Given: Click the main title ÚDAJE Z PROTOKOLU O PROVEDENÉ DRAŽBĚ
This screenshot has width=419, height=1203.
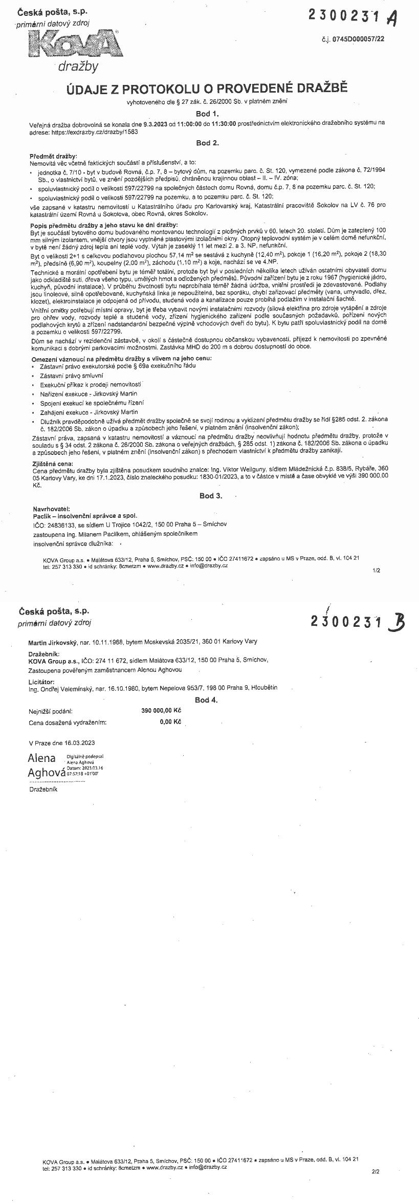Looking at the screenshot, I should (207, 89).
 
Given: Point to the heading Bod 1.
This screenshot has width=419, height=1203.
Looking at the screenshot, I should (207, 113).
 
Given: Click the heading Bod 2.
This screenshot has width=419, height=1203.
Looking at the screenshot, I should (207, 143).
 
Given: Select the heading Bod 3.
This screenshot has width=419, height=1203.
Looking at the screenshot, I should (210, 496).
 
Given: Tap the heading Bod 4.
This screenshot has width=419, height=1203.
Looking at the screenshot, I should (206, 699).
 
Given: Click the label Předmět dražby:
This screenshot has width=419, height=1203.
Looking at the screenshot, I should (53, 156).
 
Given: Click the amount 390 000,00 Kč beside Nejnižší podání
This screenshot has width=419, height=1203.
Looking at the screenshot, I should (161, 711).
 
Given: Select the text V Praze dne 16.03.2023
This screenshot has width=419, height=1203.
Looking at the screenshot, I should (62, 742).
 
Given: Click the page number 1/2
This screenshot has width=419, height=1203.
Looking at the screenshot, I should (377, 570).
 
